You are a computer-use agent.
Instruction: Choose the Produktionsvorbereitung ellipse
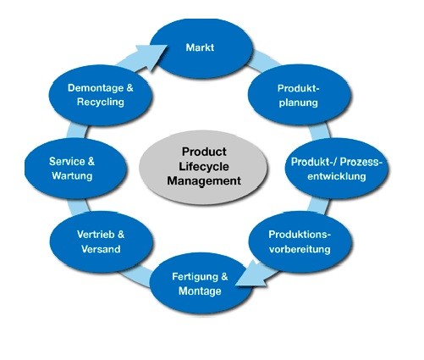coord(299,241)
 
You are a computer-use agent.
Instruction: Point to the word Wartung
coord(71,175)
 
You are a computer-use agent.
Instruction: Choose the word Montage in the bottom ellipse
coord(201,291)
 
